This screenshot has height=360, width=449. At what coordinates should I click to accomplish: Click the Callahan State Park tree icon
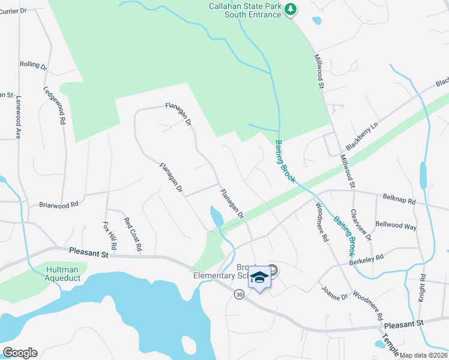(291, 9)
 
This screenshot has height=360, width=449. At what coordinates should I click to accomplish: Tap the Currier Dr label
(14, 11)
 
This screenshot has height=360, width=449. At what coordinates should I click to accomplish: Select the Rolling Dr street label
(33, 64)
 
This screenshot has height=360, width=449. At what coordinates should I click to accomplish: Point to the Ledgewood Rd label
(53, 104)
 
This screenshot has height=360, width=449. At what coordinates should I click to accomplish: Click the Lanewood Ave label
(19, 118)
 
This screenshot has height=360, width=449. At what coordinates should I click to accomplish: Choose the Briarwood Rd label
(59, 205)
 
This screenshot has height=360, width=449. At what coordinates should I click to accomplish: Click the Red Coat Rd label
(132, 234)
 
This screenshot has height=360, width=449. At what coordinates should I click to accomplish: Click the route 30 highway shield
(239, 295)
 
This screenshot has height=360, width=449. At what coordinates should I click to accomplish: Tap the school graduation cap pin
(259, 278)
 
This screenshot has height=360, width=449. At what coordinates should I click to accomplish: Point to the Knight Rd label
(423, 287)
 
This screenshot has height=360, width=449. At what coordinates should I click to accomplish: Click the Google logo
(19, 353)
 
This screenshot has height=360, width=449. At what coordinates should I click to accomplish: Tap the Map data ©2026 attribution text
(424, 355)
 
